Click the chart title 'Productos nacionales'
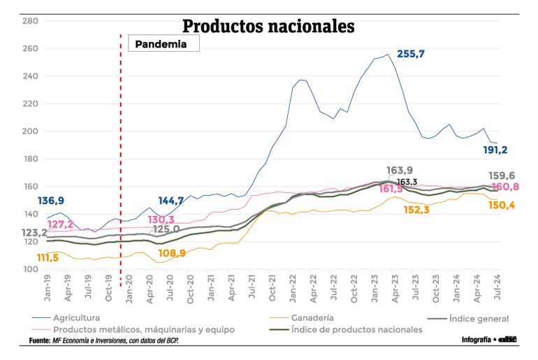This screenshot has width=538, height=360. click(268, 27)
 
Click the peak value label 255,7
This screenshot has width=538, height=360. click(411, 54)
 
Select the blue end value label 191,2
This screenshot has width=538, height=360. click(496, 150)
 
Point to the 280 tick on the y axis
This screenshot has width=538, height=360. click(29, 21)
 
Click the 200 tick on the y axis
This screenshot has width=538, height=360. click(29, 131)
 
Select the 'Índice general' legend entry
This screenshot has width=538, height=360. click(478, 318)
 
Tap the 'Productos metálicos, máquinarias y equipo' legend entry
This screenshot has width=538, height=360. click(143, 329)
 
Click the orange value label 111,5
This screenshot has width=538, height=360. click(48, 258)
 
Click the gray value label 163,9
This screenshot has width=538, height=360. click(399, 171)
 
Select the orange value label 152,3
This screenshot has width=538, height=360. click(416, 210)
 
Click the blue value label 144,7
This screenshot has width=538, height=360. click(171, 201)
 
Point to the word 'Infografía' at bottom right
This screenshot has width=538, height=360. click(476, 340)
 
